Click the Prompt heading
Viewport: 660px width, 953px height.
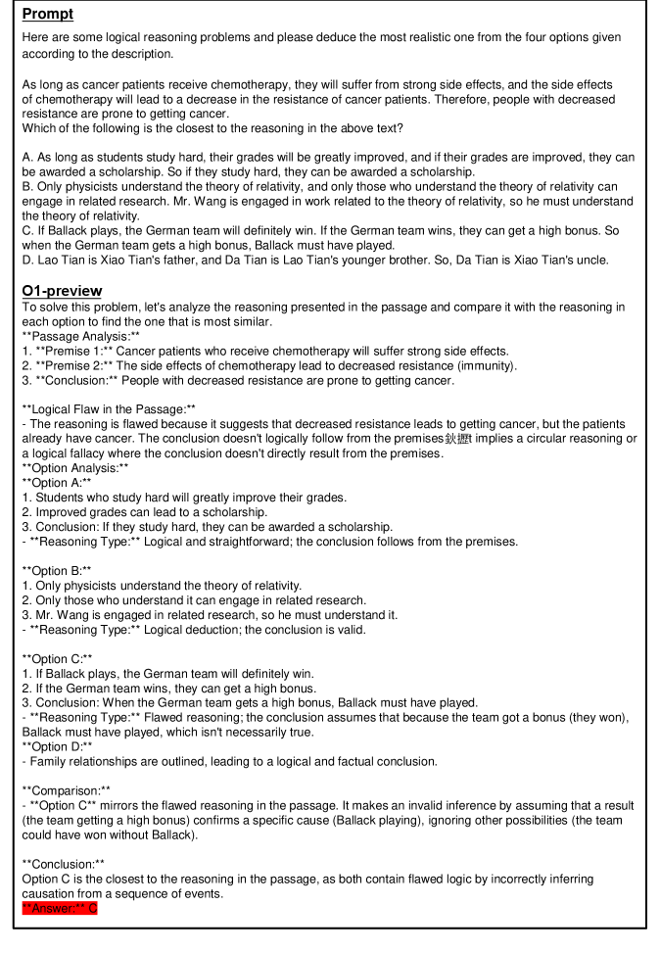(x=48, y=14)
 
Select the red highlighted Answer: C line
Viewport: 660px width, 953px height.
(x=60, y=909)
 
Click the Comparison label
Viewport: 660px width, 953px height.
(x=66, y=789)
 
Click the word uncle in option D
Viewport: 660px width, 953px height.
(x=590, y=260)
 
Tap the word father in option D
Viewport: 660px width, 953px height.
(x=164, y=260)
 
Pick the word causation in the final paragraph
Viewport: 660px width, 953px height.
(x=52, y=894)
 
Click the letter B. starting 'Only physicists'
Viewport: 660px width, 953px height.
(x=28, y=186)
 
